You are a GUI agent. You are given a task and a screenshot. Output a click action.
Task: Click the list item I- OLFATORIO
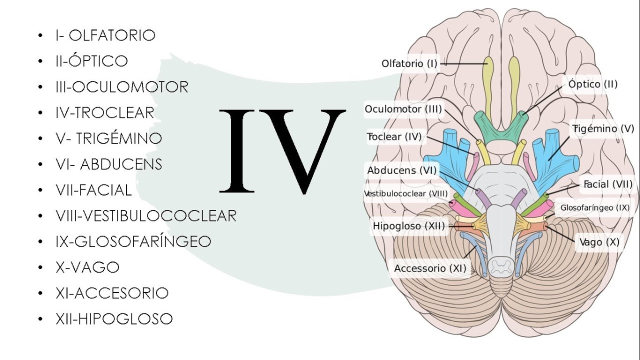point(105,35)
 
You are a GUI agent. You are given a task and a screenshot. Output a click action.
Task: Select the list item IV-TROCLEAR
point(105,113)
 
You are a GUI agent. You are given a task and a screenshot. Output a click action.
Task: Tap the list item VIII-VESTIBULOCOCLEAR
point(146,215)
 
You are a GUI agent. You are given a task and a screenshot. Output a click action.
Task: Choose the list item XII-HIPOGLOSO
point(114,319)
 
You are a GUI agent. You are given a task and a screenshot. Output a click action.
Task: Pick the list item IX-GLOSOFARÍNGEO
point(133,241)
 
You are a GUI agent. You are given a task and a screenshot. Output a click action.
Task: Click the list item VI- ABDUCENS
point(109,164)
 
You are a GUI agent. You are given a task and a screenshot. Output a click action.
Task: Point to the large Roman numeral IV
point(282,151)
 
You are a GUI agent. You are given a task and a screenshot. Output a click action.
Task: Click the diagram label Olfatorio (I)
point(409,63)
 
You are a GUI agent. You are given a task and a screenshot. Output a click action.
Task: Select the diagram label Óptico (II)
point(593,84)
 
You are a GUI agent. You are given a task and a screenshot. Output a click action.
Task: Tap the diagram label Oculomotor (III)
point(403,109)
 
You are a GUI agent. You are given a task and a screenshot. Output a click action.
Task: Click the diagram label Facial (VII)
point(608,184)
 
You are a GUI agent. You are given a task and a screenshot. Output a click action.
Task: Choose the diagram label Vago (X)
point(599,242)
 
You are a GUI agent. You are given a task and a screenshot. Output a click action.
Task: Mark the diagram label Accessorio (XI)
point(430,268)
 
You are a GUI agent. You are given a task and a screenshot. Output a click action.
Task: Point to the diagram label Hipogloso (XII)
point(409,226)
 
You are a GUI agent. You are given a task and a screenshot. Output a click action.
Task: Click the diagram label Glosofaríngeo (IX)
point(595,207)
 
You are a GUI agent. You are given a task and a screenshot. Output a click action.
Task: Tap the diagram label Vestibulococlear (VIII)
point(406,193)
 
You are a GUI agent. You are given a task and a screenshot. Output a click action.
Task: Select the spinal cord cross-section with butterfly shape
point(500,266)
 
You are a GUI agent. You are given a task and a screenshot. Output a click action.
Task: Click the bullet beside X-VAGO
point(40,267)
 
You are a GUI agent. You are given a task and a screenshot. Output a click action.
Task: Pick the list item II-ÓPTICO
point(91,60)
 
